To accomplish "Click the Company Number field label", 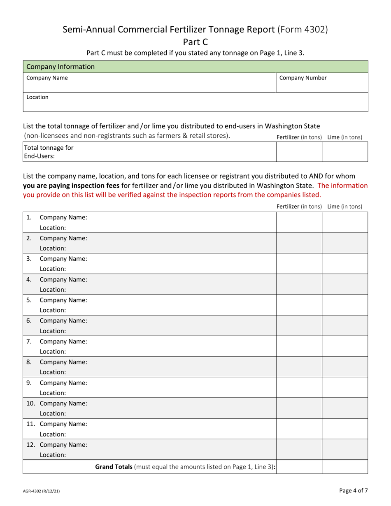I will point(303,78).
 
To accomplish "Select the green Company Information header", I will point(195,67).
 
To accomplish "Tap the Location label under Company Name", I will point(37,97).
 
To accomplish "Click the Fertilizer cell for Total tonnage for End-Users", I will point(299,152).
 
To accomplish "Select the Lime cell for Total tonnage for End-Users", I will point(344,152).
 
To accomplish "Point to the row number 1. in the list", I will point(29,217).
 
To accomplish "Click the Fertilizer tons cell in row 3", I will point(299,264).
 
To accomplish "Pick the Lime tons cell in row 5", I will point(344,305).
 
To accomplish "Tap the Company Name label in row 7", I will point(63,341).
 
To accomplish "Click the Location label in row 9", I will point(53,392).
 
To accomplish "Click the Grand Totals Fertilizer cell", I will point(299,467).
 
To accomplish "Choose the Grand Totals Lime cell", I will point(344,467).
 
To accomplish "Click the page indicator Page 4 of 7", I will point(354,490).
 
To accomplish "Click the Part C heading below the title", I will point(195,42).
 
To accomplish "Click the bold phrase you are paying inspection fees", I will point(71,186).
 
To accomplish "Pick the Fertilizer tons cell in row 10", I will point(299,408).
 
